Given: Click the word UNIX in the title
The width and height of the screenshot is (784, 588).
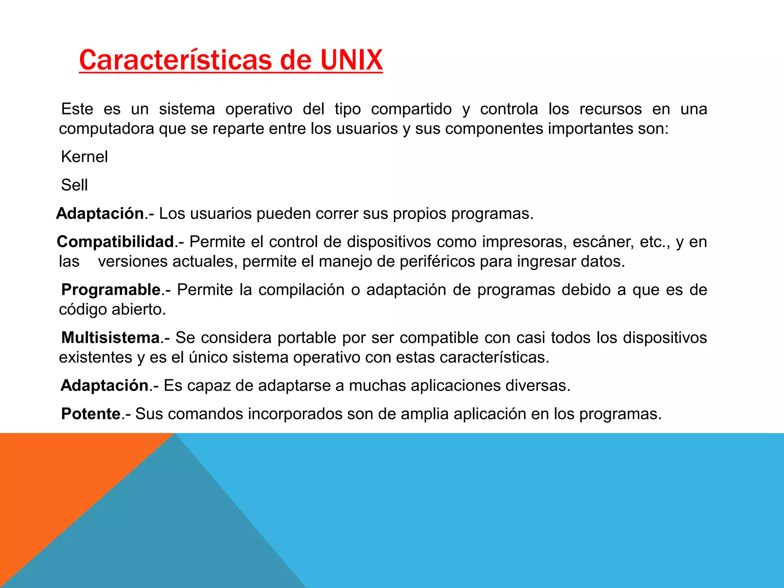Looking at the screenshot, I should pyautogui.click(x=351, y=60).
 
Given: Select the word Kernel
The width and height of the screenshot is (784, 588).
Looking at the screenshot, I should pyautogui.click(x=84, y=157).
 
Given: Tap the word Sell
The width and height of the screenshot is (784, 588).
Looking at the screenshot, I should pyautogui.click(x=74, y=185).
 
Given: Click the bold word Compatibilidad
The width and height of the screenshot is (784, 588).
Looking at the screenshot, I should pyautogui.click(x=115, y=242).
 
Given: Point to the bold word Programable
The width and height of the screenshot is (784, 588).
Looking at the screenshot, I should pyautogui.click(x=111, y=290).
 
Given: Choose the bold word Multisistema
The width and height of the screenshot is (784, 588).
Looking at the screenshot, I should pyautogui.click(x=110, y=338).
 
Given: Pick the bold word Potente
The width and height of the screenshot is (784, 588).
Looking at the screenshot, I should pyautogui.click(x=91, y=414).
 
